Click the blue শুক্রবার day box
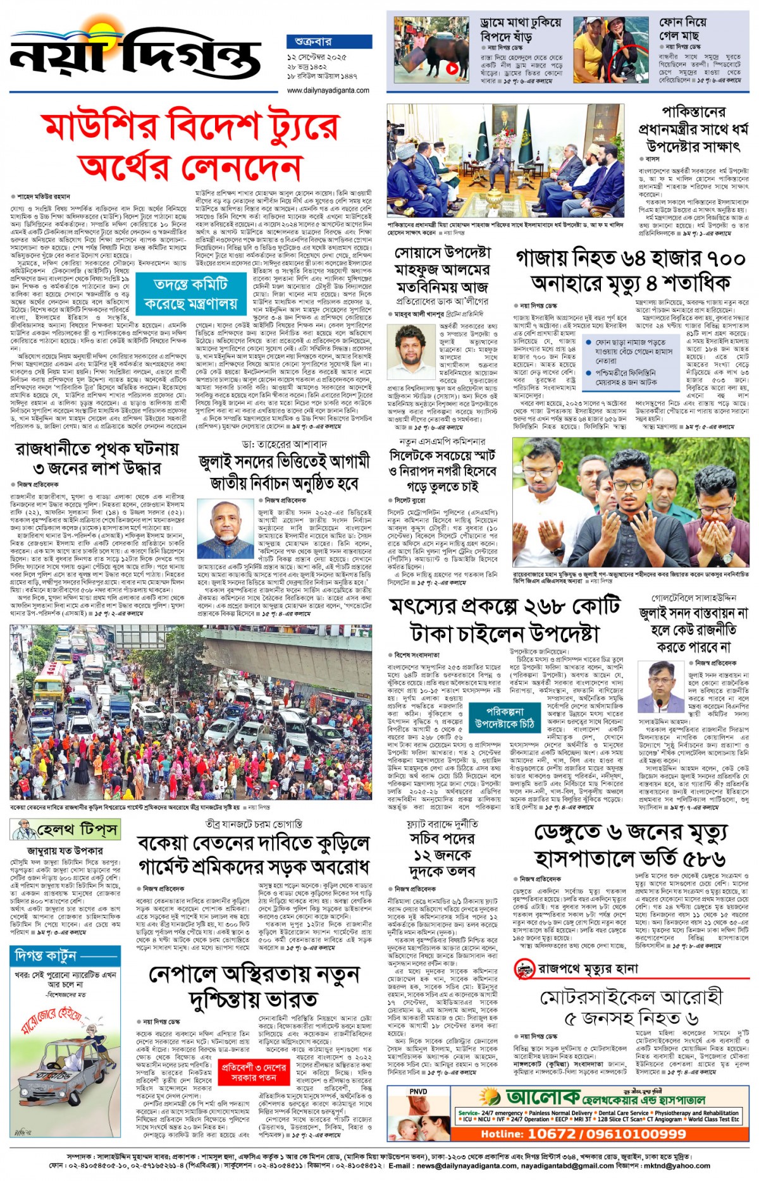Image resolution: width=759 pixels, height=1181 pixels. (328, 42)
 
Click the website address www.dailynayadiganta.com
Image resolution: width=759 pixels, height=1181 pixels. (328, 90)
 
